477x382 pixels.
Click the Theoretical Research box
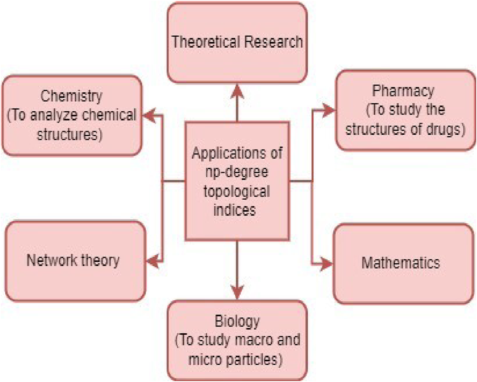pos(237,42)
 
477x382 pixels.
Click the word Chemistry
pos(71,96)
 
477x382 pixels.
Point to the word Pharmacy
pos(403,91)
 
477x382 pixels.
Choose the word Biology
pos(237,321)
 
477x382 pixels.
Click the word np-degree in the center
pos(237,172)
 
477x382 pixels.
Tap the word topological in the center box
pos(237,191)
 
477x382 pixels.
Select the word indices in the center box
pos(235,210)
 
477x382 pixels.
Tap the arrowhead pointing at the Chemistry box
pos(149,115)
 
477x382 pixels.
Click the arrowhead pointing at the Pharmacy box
pos(328,111)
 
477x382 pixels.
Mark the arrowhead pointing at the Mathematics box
pos(326,264)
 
